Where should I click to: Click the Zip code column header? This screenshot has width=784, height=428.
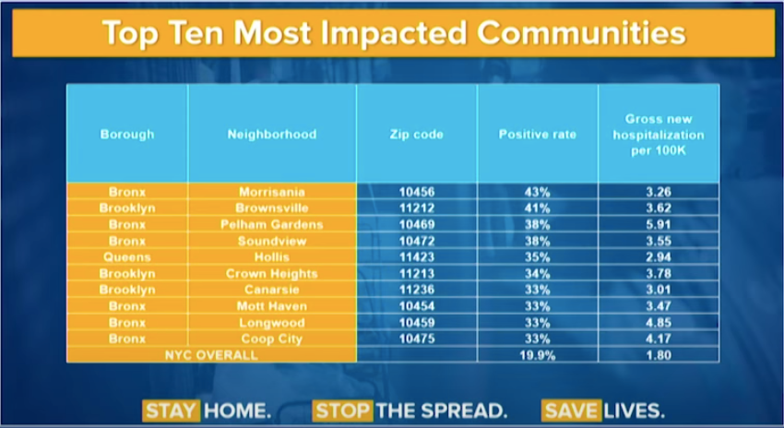[416, 135]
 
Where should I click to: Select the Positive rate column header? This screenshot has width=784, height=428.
[538, 135]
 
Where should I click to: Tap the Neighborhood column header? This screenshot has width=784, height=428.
[272, 135]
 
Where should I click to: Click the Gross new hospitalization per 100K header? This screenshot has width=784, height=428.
[659, 135]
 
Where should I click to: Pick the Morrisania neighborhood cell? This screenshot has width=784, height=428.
[272, 192]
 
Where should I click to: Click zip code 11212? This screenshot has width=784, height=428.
[416, 208]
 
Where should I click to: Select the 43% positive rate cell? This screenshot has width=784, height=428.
[538, 192]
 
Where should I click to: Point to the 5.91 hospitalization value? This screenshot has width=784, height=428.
[659, 224]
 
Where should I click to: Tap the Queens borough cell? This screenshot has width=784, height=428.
[127, 257]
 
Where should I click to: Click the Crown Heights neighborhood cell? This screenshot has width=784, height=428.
[272, 274]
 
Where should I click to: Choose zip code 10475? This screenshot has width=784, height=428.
[416, 339]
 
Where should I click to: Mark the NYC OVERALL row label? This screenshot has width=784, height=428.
[211, 355]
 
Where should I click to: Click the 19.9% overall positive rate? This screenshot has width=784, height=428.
[538, 355]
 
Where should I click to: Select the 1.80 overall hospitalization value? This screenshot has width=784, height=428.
[659, 355]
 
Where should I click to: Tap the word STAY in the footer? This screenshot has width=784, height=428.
[171, 410]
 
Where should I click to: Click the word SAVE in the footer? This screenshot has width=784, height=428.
[571, 410]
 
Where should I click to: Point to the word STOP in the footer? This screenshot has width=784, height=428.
[343, 410]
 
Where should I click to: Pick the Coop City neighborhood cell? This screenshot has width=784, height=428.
[272, 339]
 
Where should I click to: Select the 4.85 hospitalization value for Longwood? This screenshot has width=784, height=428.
[659, 323]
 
